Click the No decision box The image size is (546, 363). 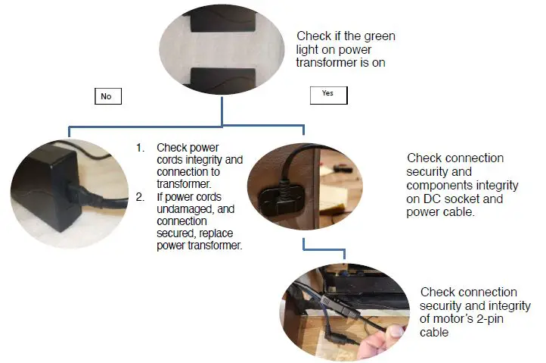coord(106,97)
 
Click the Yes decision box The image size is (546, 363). coord(327,94)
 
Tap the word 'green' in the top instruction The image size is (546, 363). coord(380,36)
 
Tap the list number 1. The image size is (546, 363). coord(140,147)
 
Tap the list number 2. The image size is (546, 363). coord(140,196)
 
